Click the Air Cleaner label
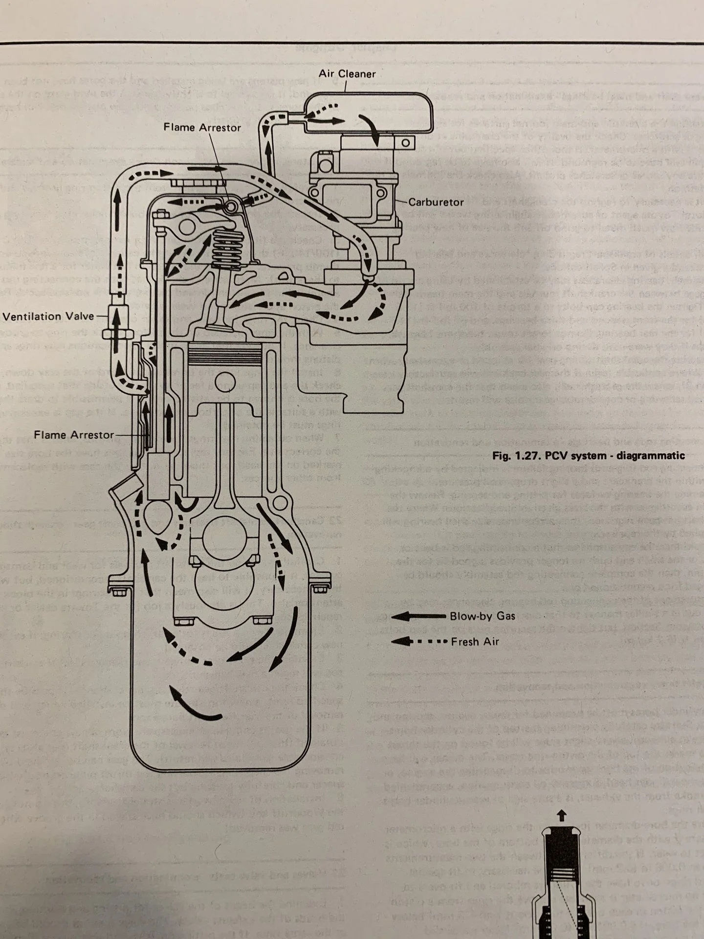tap(347, 74)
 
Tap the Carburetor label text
tap(436, 201)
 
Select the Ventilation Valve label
tap(48, 316)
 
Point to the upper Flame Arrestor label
tap(202, 128)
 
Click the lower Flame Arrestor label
tap(74, 435)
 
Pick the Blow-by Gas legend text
tap(483, 616)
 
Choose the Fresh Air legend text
tap(475, 642)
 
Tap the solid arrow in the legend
tap(418, 616)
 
